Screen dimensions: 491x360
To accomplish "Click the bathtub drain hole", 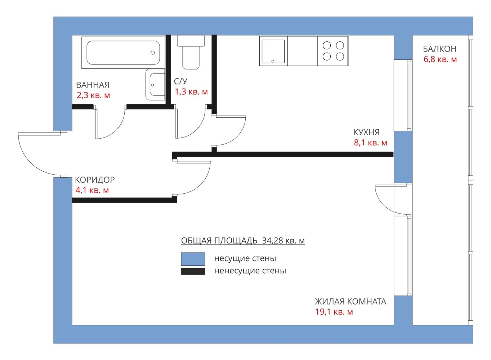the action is (x=153, y=53).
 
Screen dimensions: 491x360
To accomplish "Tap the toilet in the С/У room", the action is (x=191, y=52).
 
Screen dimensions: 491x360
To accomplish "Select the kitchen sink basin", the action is (x=273, y=51).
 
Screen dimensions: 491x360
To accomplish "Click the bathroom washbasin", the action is (x=155, y=84).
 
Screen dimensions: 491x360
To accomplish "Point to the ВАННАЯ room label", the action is (x=93, y=85).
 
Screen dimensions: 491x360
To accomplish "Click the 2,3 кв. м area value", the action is (x=93, y=95).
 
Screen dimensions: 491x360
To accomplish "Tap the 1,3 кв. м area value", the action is (x=191, y=92).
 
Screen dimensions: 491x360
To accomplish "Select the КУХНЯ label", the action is (x=366, y=132).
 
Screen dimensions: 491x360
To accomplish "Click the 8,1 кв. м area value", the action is (x=370, y=143).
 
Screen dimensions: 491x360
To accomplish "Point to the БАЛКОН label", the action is (x=439, y=49).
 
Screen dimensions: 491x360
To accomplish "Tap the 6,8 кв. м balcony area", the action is (x=440, y=59).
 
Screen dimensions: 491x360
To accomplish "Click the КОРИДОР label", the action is (x=95, y=180).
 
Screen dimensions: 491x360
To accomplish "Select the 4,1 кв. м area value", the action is (x=92, y=190).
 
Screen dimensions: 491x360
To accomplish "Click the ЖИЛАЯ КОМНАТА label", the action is (x=351, y=302).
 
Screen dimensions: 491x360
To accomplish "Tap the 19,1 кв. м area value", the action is (x=334, y=312).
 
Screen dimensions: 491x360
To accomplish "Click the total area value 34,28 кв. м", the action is (x=283, y=241).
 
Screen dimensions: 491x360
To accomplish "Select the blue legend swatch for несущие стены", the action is (x=193, y=259).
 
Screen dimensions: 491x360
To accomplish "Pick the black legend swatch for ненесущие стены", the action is (x=193, y=271).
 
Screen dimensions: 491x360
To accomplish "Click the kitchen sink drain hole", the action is (x=273, y=61).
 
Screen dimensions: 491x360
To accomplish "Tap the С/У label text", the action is (x=180, y=81).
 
